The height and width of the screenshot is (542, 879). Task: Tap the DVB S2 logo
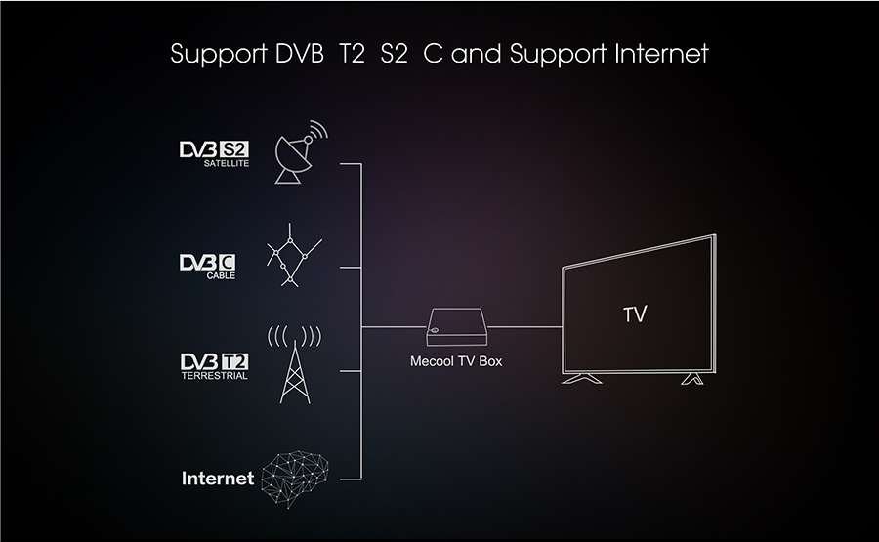pyautogui.click(x=214, y=149)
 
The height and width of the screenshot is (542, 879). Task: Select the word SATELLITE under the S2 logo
pyautogui.click(x=227, y=164)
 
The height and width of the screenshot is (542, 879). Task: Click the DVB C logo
pyautogui.click(x=207, y=262)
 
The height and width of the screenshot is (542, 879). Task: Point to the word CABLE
pyautogui.click(x=221, y=275)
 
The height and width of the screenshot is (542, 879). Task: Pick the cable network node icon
pyautogui.click(x=294, y=255)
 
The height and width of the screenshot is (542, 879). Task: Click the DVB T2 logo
pyautogui.click(x=214, y=361)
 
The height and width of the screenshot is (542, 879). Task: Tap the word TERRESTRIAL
pyautogui.click(x=214, y=376)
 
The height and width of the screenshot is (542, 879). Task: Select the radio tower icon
pyautogui.click(x=294, y=364)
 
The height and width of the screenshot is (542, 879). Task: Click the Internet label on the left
pyautogui.click(x=218, y=479)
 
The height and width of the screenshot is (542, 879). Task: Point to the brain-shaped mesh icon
pyautogui.click(x=295, y=479)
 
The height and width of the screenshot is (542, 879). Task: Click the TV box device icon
pyautogui.click(x=457, y=327)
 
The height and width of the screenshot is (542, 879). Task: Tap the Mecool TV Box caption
pyautogui.click(x=456, y=361)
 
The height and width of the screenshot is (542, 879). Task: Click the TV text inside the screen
pyautogui.click(x=635, y=314)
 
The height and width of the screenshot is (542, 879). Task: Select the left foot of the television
pyautogui.click(x=581, y=379)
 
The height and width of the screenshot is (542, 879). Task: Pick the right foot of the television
pyautogui.click(x=692, y=379)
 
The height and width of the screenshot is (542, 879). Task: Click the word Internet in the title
pyautogui.click(x=661, y=54)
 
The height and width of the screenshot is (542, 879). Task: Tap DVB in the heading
pyautogui.click(x=300, y=54)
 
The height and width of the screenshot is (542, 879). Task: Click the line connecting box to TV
pyautogui.click(x=524, y=326)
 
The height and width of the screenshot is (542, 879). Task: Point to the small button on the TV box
pyautogui.click(x=435, y=329)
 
